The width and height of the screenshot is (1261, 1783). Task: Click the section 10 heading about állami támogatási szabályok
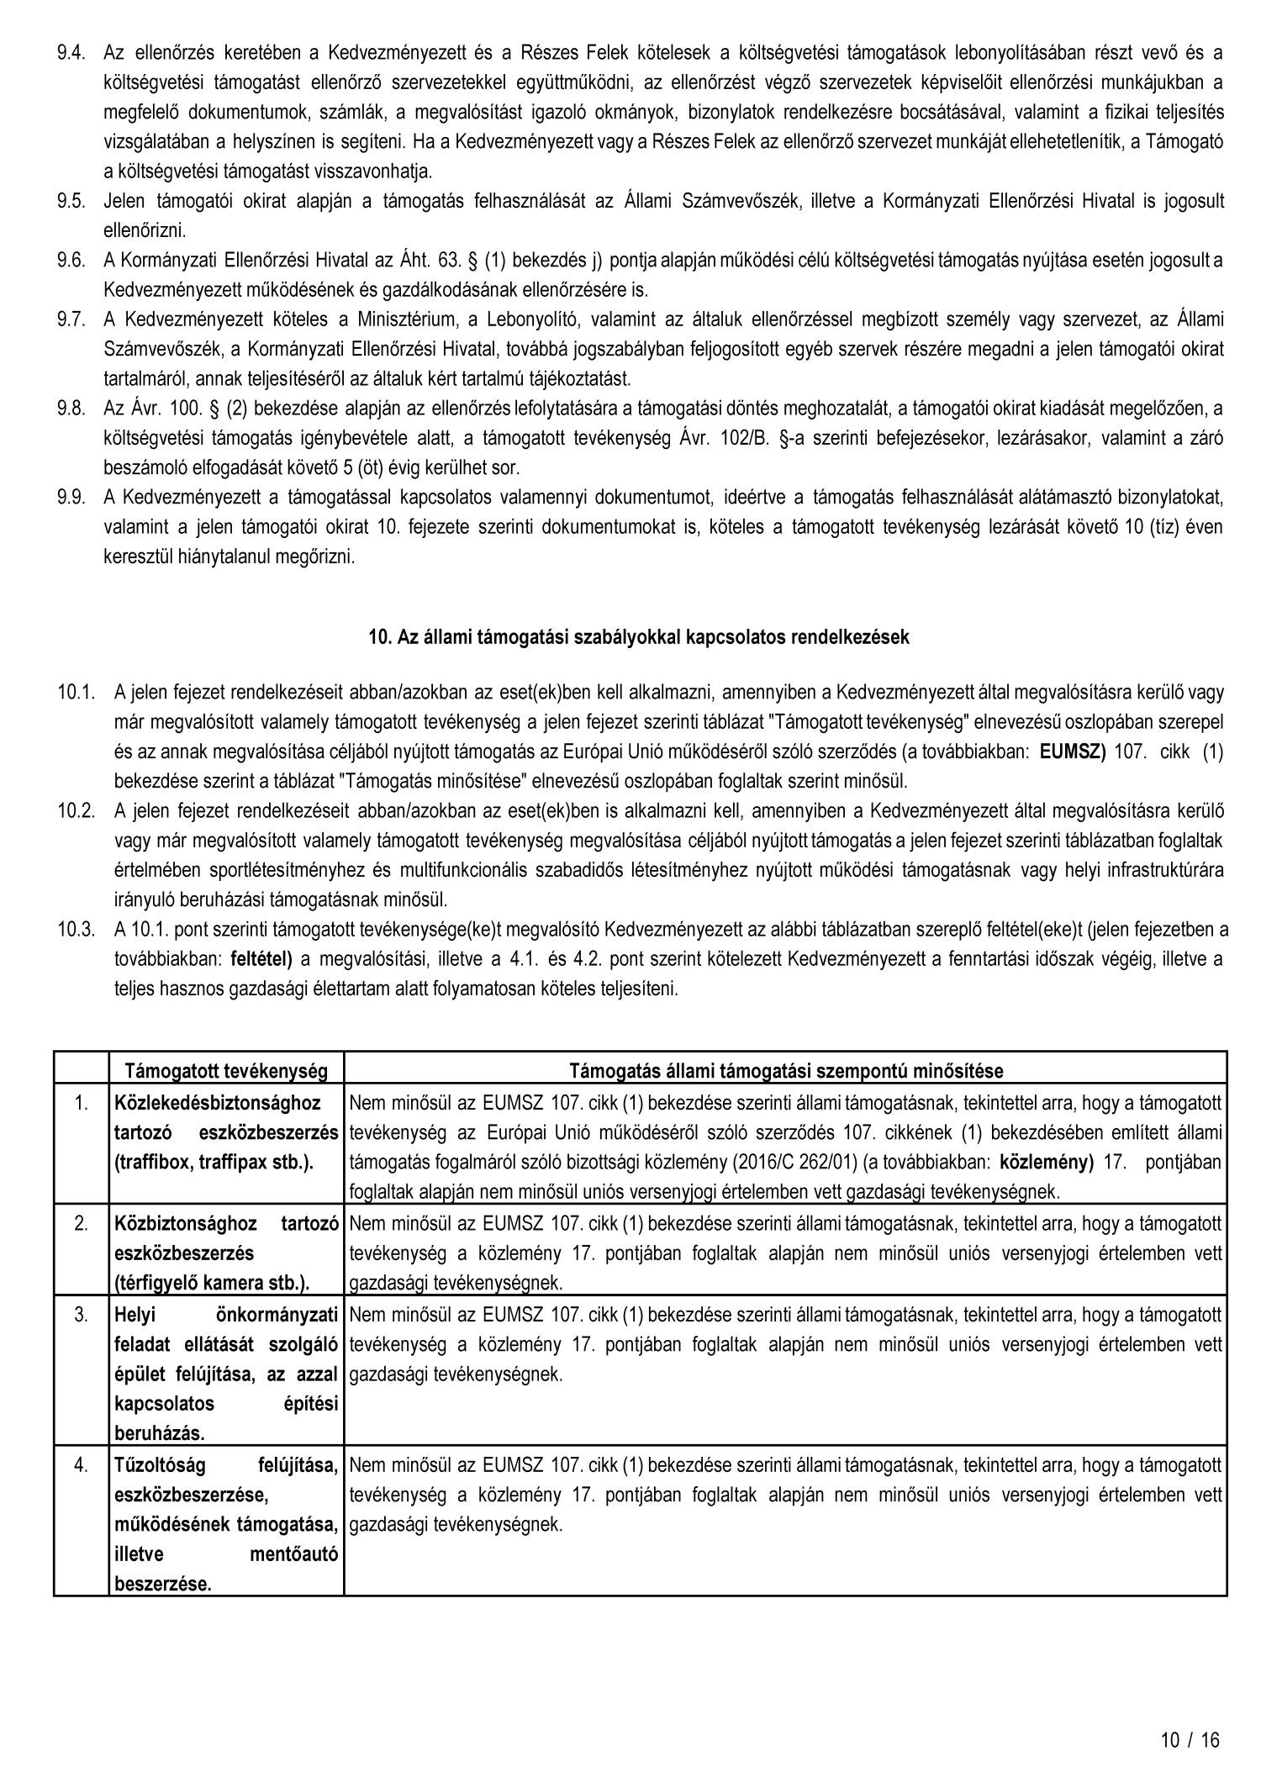pyautogui.click(x=639, y=637)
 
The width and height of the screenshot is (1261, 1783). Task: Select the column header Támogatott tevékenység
pyautogui.click(x=225, y=1071)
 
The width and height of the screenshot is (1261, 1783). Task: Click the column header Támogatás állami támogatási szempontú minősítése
pyautogui.click(x=786, y=1071)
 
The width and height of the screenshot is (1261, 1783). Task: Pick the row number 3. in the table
pyautogui.click(x=81, y=1315)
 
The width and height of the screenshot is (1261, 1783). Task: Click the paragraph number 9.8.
pyautogui.click(x=71, y=409)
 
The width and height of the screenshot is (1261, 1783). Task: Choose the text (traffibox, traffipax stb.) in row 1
pyautogui.click(x=214, y=1163)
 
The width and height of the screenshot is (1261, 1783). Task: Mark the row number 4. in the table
pyautogui.click(x=81, y=1465)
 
